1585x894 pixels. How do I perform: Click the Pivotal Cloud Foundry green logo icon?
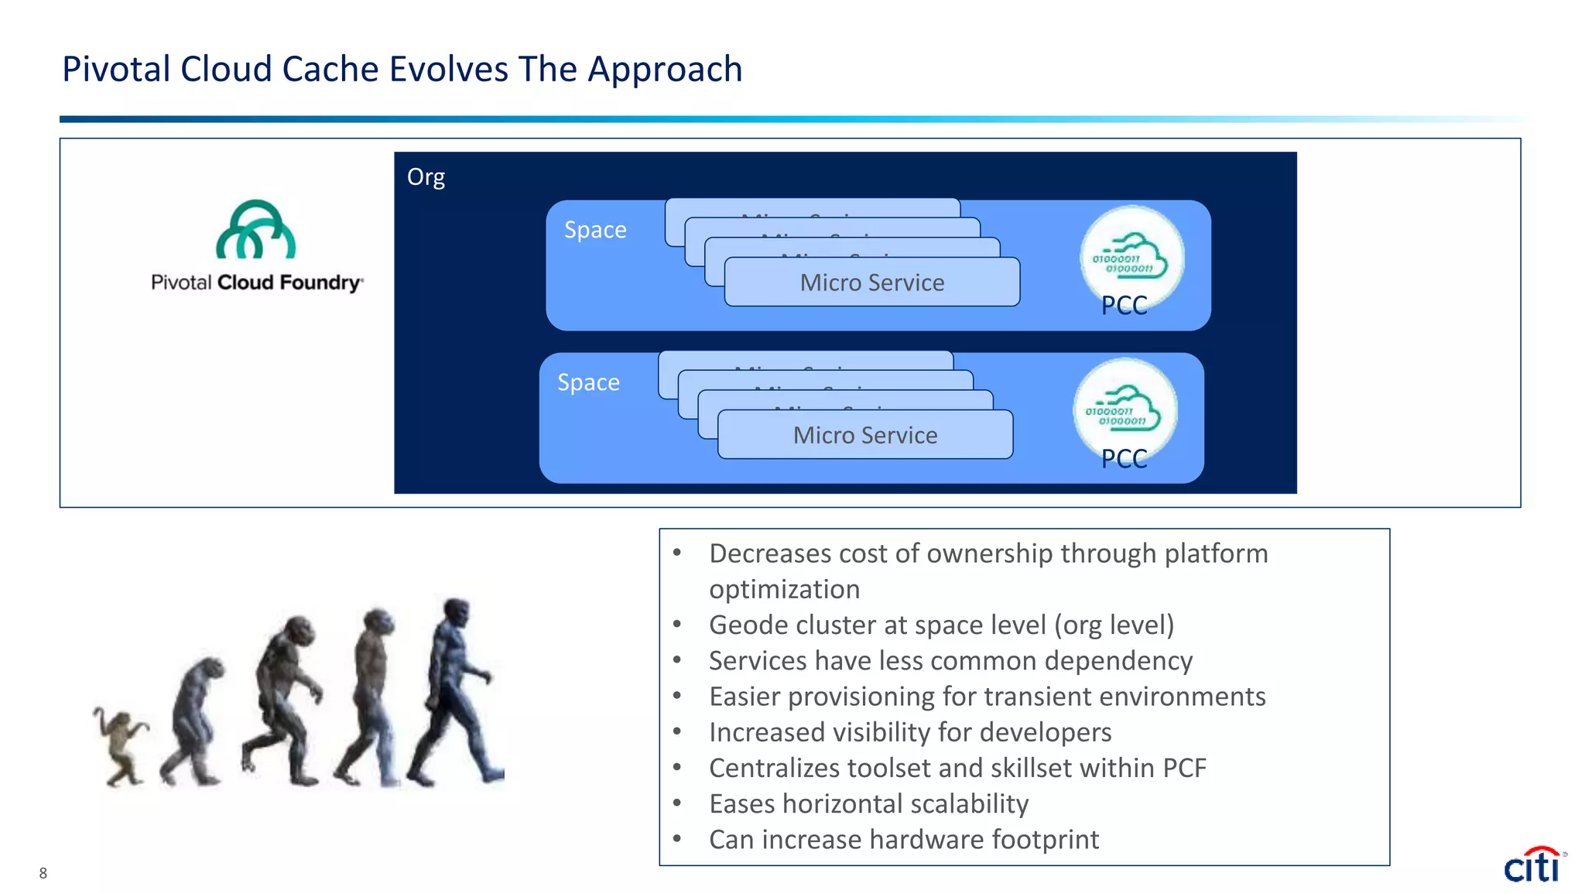[255, 230]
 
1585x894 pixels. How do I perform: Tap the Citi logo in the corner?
[1533, 865]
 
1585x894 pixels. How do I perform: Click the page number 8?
[43, 873]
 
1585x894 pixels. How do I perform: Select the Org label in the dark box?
[426, 177]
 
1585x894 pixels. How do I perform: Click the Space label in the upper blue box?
[595, 230]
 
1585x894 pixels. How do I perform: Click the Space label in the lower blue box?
[588, 382]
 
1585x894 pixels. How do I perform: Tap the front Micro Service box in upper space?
[871, 283]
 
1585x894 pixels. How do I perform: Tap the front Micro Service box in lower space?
[864, 435]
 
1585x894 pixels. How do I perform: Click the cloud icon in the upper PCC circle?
[1132, 256]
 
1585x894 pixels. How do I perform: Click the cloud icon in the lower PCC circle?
[1125, 409]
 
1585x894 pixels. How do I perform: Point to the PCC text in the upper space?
[1124, 306]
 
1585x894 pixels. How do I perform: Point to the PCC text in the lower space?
[1124, 459]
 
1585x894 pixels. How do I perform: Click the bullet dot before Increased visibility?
[677, 731]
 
